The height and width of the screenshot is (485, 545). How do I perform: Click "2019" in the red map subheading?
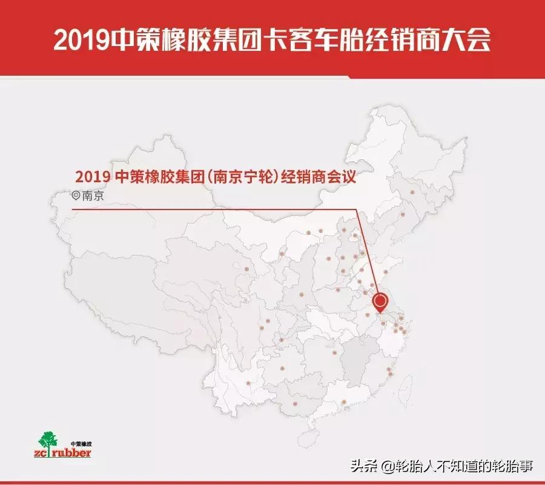pos(92,177)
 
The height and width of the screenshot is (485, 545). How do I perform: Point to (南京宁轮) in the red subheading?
pos(246,177)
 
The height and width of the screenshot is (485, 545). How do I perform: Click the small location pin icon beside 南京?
pos(76,196)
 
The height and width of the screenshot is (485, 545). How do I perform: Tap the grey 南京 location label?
pos(93,196)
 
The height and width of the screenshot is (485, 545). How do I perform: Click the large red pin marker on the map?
pos(380,302)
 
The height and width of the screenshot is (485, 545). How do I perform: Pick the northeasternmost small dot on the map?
pos(412,193)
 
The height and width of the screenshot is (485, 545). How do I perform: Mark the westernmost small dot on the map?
pos(246,269)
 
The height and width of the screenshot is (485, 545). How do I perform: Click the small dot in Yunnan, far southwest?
pos(249,383)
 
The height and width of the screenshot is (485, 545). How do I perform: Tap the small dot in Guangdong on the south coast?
pos(343,401)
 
